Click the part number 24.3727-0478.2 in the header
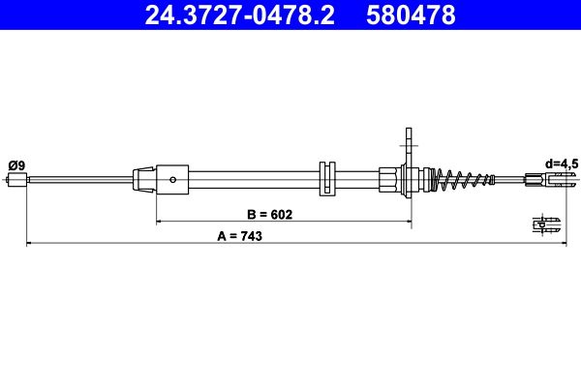[x=240, y=15]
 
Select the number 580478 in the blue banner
[x=411, y=15]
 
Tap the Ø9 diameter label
[x=16, y=165]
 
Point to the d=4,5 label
[x=562, y=164]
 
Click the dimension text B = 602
[x=270, y=214]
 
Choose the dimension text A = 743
[x=240, y=236]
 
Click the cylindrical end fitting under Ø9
[x=17, y=180]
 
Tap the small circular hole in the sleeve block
[x=172, y=180]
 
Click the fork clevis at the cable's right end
[x=551, y=180]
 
